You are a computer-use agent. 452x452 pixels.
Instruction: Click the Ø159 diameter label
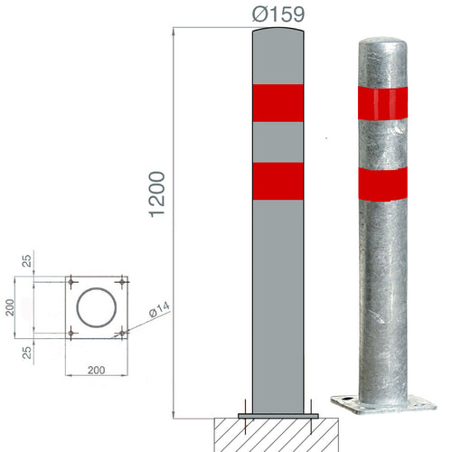pos(278,14)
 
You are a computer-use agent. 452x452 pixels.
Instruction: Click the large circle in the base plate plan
pos(96,307)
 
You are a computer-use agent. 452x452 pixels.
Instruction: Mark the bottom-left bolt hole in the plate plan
pos(71,334)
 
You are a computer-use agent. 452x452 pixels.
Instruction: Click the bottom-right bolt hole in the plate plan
pos(121,334)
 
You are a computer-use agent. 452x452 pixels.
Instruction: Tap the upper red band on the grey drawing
pos(278,102)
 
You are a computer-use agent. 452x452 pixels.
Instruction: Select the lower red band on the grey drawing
pos(278,180)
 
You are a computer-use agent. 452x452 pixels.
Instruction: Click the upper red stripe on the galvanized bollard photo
pos(382,103)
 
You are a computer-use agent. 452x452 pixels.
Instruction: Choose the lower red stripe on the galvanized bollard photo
pos(382,183)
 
